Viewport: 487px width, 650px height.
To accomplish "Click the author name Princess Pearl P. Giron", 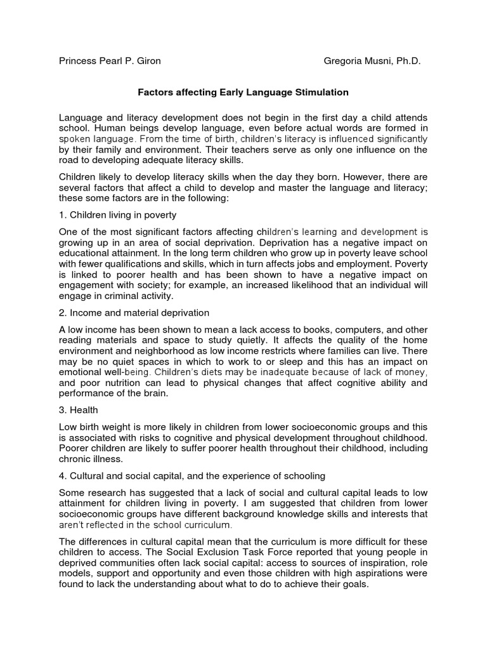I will (x=110, y=62).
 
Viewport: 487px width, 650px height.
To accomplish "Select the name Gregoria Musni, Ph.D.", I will (x=372, y=62).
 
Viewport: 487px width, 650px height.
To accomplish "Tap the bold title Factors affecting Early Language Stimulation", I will (x=243, y=92).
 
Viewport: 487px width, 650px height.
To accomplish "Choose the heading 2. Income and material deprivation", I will (x=134, y=313).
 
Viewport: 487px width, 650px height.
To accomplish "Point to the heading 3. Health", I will (x=79, y=411).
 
